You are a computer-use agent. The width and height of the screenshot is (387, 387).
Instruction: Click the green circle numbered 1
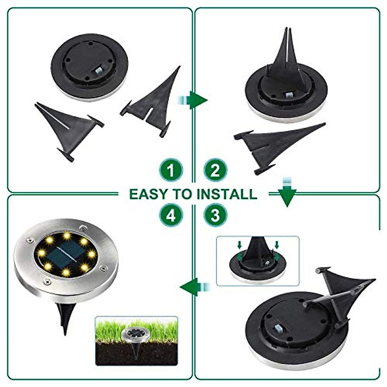point(171,170)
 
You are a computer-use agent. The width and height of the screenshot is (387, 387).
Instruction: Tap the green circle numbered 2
point(215,170)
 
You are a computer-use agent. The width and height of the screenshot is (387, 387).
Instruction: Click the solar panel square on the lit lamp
point(66,254)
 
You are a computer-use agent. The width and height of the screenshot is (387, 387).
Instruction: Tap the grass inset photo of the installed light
point(136,341)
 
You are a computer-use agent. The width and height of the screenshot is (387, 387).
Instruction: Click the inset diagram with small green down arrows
point(257,261)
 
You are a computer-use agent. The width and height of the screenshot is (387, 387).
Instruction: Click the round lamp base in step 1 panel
point(89,67)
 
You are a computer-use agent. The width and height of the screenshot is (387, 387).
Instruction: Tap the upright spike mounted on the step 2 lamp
point(286,61)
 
